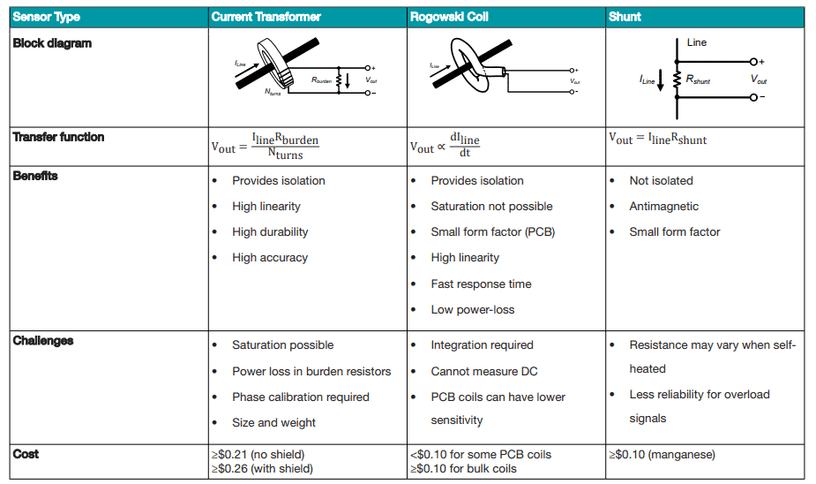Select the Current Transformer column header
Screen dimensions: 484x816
pos(266,17)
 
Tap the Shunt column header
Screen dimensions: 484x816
pos(625,17)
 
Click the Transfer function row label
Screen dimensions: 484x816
pos(58,137)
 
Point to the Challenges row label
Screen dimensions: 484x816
pos(43,341)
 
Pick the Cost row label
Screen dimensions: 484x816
pos(26,454)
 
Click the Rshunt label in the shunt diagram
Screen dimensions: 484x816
pos(697,81)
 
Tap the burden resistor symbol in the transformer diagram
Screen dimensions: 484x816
pos(340,79)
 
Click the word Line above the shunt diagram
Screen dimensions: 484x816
pos(696,42)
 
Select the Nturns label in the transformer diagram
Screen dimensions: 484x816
pos(273,92)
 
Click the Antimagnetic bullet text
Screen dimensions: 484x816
pos(663,206)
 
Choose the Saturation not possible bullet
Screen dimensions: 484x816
pos(491,206)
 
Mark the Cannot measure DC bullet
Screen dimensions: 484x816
pos(483,371)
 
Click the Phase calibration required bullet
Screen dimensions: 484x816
pos(301,397)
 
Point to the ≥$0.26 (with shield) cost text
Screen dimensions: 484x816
pos(262,468)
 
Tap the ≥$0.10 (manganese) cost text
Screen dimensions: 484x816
pos(663,455)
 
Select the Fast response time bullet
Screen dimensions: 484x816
pos(481,284)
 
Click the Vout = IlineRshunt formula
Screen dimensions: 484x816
pos(658,139)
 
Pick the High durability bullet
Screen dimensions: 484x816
pos(270,231)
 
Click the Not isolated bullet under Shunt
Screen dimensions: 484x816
pos(661,180)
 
